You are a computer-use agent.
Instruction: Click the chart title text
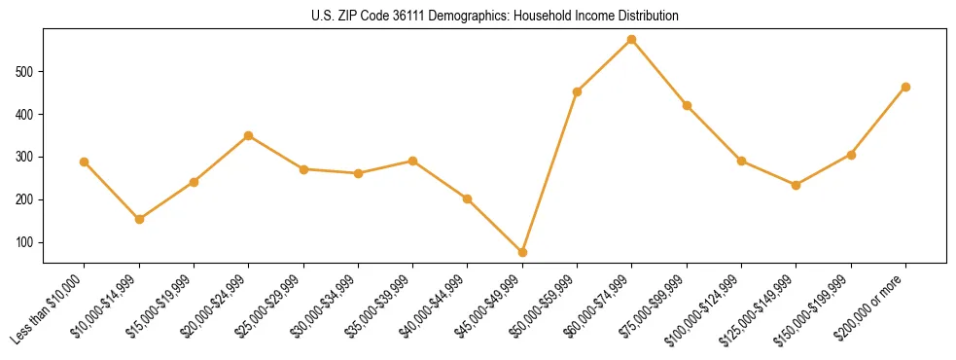[x=495, y=17]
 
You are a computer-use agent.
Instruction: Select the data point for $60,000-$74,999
[x=632, y=40]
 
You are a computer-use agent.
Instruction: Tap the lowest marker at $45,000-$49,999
[x=522, y=252]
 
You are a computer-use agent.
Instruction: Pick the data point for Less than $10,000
[x=85, y=162]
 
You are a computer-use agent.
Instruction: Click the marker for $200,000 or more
[x=905, y=87]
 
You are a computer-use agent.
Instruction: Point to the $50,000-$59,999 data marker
[x=577, y=91]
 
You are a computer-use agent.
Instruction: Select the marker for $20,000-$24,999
[x=249, y=135]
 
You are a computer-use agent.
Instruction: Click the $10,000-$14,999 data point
[x=139, y=219]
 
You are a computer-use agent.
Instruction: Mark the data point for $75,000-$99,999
[x=687, y=105]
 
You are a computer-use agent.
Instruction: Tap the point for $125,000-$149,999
[x=797, y=185]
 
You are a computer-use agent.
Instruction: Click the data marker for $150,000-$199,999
[x=851, y=155]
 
